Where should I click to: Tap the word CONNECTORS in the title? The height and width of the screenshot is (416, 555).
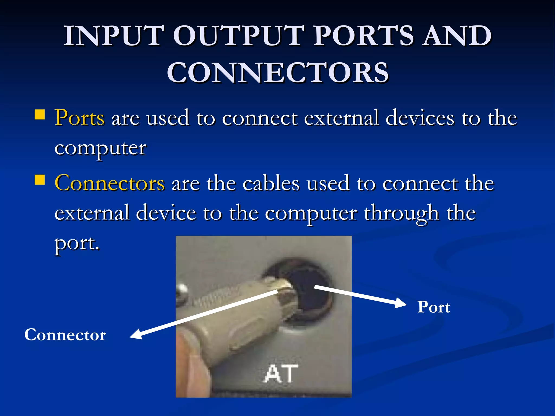pyautogui.click(x=277, y=72)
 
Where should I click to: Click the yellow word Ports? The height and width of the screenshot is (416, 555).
pyautogui.click(x=79, y=118)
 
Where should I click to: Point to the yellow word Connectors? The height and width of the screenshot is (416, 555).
pyautogui.click(x=109, y=183)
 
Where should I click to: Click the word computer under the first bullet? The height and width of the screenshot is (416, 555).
pyautogui.click(x=101, y=148)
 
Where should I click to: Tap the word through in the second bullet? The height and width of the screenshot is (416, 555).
pyautogui.click(x=401, y=213)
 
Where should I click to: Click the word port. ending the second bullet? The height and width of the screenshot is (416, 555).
pyautogui.click(x=77, y=243)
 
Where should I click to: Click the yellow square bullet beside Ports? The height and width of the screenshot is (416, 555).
pyautogui.click(x=40, y=115)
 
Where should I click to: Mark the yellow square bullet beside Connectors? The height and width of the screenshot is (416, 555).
pyautogui.click(x=40, y=180)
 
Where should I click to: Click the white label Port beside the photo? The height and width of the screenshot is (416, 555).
pyautogui.click(x=434, y=307)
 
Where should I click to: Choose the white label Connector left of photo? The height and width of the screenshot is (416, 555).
pyautogui.click(x=65, y=335)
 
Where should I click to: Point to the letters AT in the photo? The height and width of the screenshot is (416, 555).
pyautogui.click(x=281, y=374)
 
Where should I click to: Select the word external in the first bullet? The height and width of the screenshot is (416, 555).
pyautogui.click(x=341, y=118)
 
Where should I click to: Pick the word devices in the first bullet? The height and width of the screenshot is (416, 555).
pyautogui.click(x=420, y=118)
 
